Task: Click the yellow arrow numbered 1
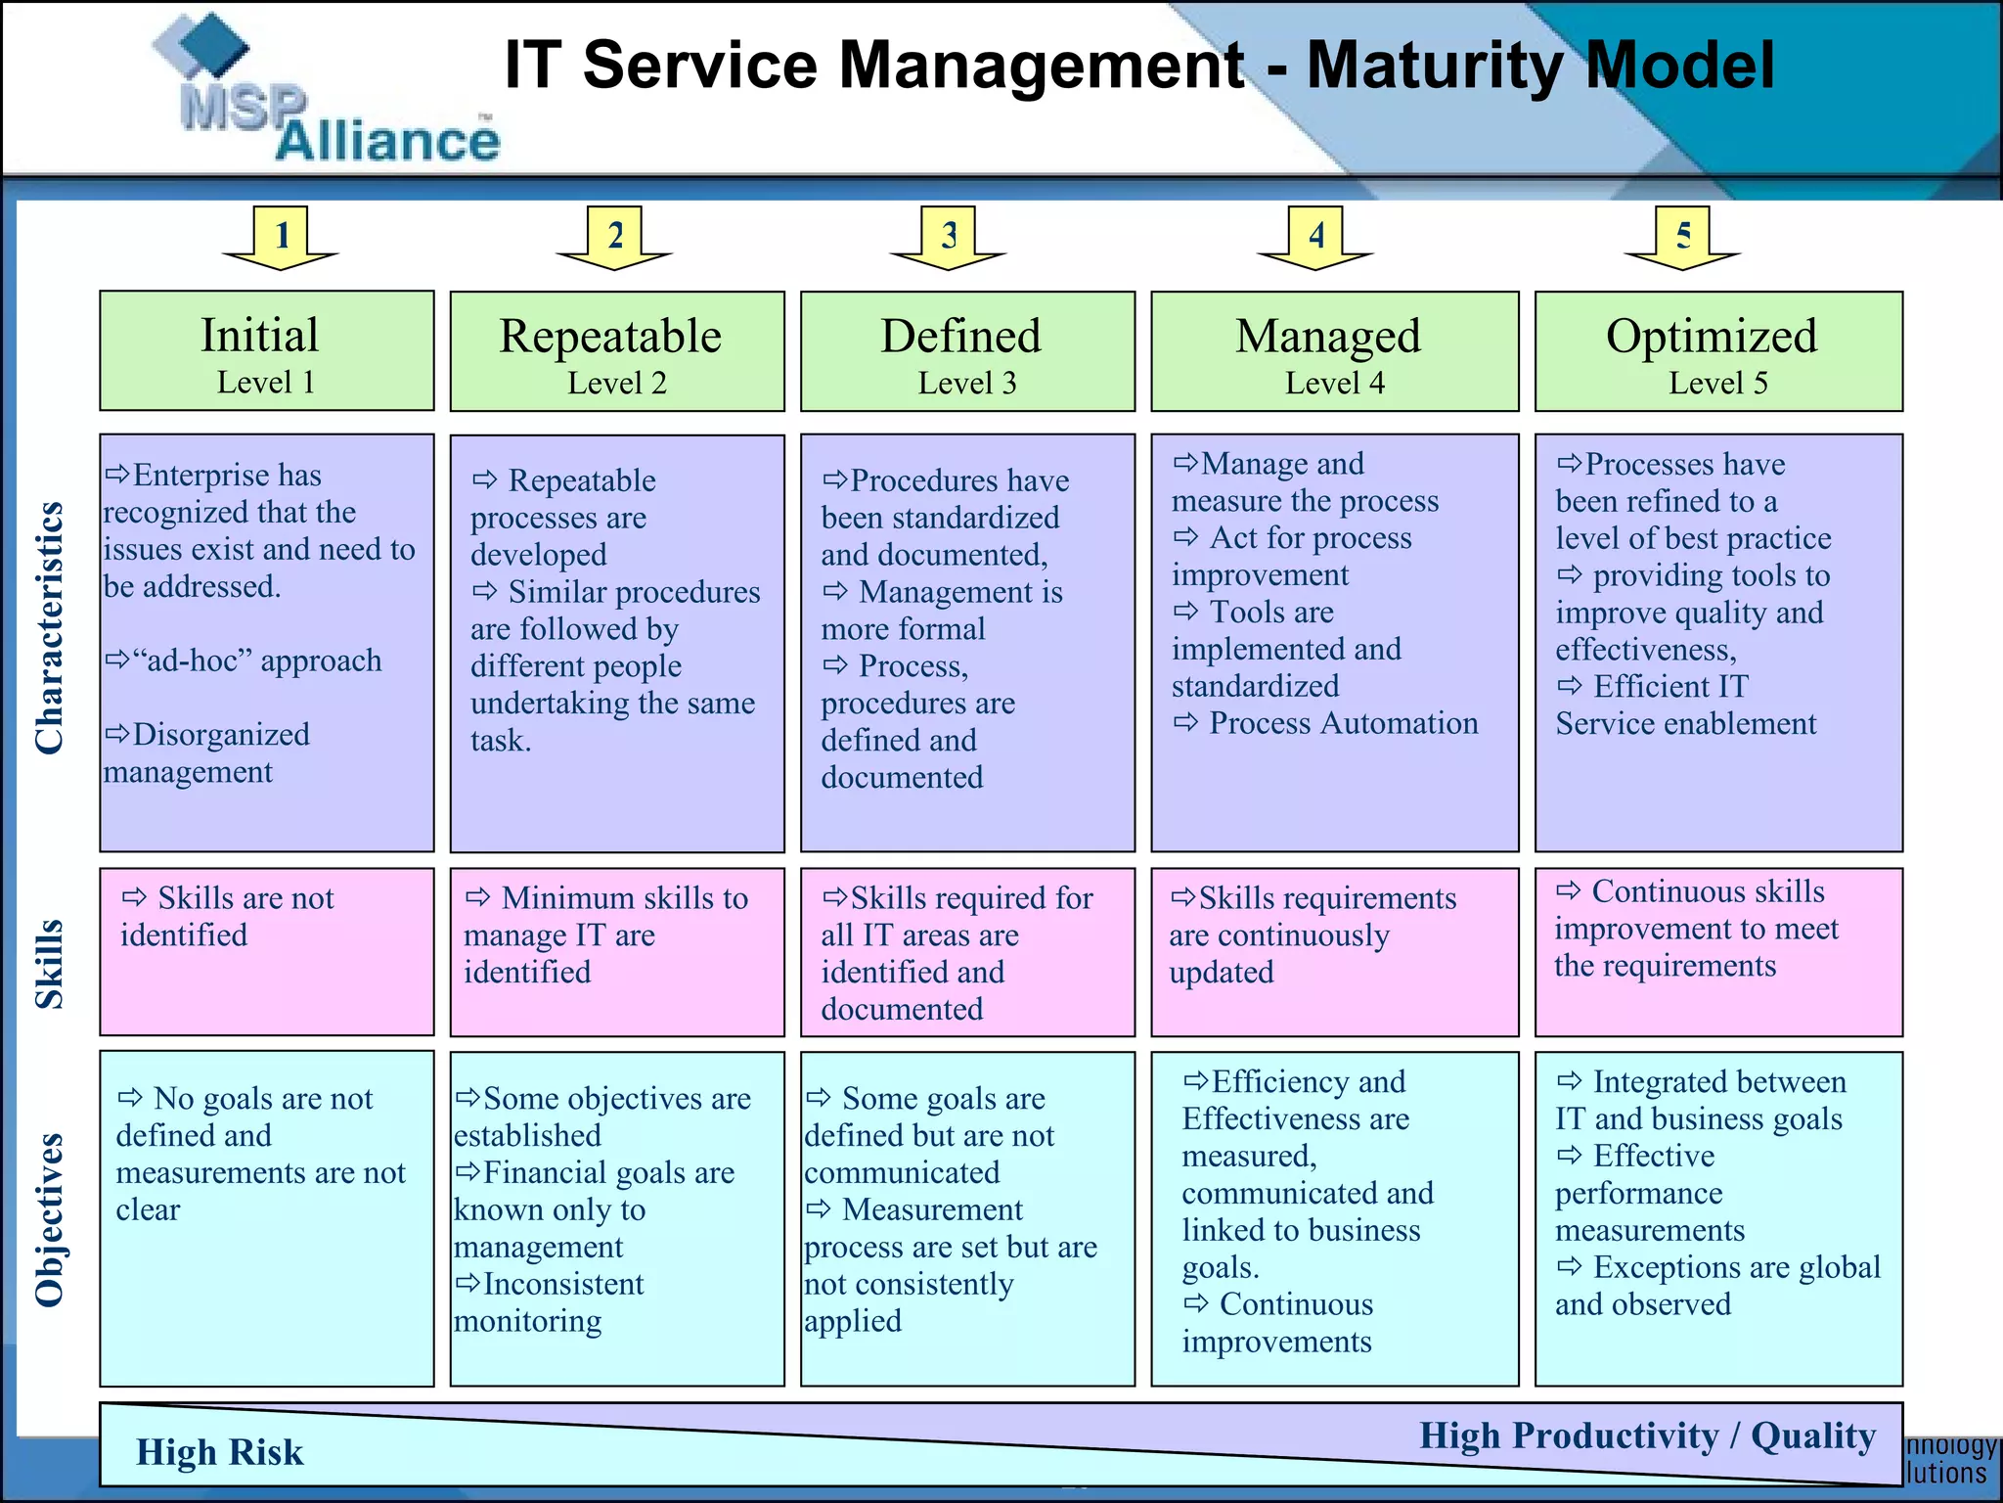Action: pos(282,238)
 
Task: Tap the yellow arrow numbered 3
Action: pos(949,238)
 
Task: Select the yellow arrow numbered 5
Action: pos(1683,238)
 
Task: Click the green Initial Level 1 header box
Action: pos(266,351)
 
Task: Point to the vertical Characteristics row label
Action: pos(49,628)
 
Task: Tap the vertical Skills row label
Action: pos(49,964)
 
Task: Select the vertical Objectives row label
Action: pos(49,1219)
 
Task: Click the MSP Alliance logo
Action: pos(333,98)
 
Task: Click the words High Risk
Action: pos(220,1452)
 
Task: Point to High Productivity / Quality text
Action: pos(1647,1435)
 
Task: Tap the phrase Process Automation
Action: pos(1342,723)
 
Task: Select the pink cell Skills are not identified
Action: pos(266,951)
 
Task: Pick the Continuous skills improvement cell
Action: pos(1718,951)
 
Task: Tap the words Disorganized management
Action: pos(207,752)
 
